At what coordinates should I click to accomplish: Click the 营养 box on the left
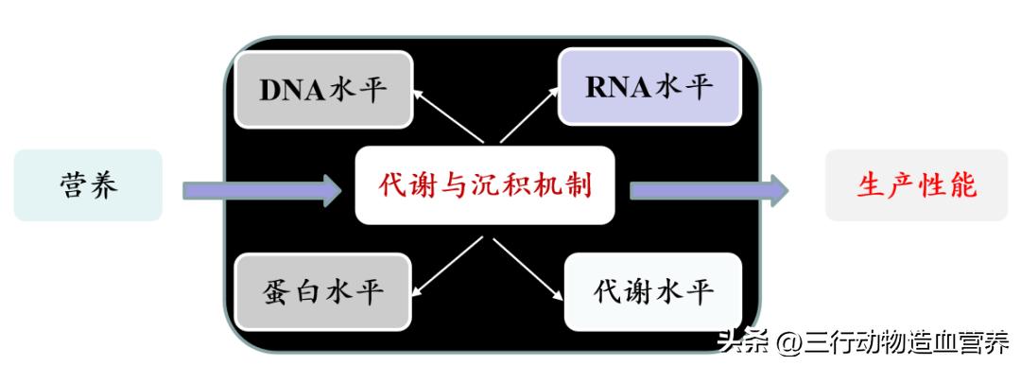click(88, 185)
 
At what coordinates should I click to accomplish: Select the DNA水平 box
click(323, 90)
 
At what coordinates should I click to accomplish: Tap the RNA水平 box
click(648, 88)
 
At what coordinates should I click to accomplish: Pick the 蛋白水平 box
click(323, 290)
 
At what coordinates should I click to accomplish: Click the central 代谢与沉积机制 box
click(485, 185)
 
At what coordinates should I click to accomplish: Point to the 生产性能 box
click(916, 185)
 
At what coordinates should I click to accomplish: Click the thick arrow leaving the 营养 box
click(261, 190)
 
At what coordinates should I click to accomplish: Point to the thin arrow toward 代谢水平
click(526, 264)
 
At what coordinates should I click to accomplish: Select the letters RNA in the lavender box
click(617, 88)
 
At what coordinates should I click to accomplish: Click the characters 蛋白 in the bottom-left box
click(293, 290)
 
